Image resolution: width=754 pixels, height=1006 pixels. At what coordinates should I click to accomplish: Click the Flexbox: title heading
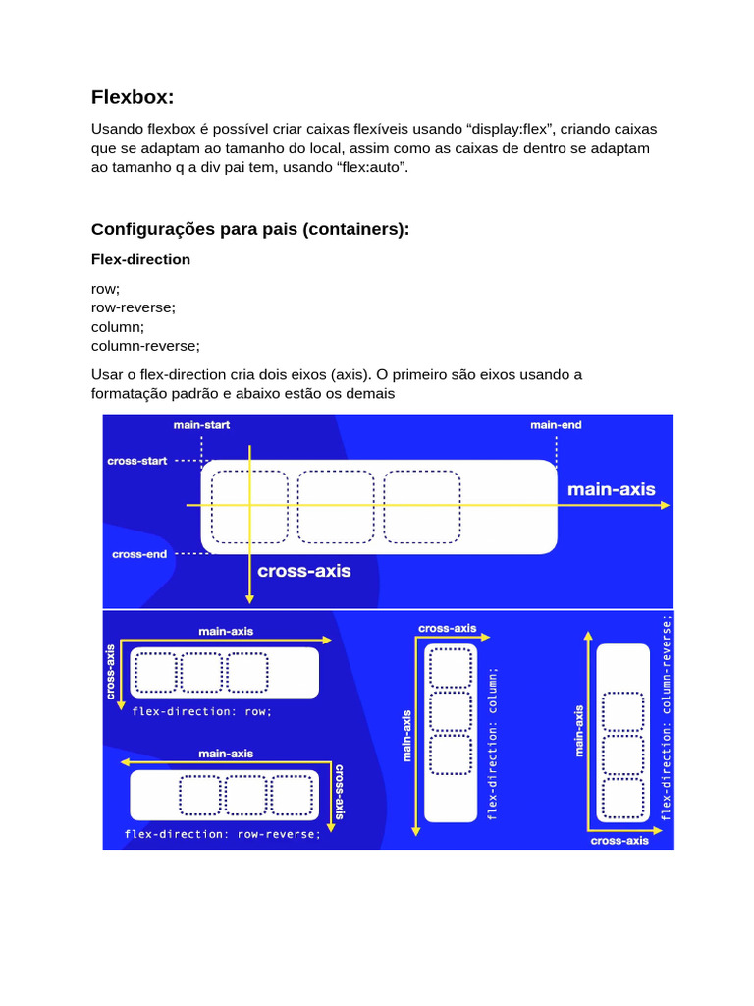pyautogui.click(x=133, y=97)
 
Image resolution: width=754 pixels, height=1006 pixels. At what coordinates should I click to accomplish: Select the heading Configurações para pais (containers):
pyautogui.click(x=250, y=229)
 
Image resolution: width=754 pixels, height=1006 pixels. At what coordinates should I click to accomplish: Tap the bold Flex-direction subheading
pyautogui.click(x=140, y=259)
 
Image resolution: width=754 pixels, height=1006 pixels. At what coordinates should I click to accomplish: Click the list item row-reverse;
pyautogui.click(x=134, y=307)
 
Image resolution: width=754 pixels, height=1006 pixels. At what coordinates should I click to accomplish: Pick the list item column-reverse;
pyautogui.click(x=145, y=346)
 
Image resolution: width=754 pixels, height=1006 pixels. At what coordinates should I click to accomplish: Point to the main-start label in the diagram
pyautogui.click(x=201, y=425)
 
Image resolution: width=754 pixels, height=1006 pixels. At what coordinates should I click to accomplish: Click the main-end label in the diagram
pyautogui.click(x=556, y=425)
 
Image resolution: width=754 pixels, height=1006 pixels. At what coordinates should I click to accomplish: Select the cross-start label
pyautogui.click(x=137, y=461)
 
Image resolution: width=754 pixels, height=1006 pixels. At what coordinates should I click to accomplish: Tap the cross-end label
pyautogui.click(x=139, y=554)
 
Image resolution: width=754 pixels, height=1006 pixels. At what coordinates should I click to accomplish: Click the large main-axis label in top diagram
pyautogui.click(x=611, y=489)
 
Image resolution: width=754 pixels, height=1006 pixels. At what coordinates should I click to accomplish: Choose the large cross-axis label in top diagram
pyautogui.click(x=303, y=571)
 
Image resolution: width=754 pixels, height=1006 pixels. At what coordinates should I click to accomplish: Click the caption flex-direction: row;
pyautogui.click(x=202, y=711)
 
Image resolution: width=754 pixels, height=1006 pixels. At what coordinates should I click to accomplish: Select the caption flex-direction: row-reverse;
pyautogui.click(x=223, y=834)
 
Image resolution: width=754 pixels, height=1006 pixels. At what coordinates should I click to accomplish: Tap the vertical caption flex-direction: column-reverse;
pyautogui.click(x=667, y=717)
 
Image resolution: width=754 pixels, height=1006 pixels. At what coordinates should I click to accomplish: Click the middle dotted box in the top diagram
pyautogui.click(x=336, y=507)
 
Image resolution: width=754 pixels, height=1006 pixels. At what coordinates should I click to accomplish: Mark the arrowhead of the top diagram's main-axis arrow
pyautogui.click(x=667, y=505)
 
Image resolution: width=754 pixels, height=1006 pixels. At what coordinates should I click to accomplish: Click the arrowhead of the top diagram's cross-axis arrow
pyautogui.click(x=250, y=598)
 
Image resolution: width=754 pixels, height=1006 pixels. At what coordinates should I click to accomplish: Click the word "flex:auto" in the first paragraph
pyautogui.click(x=372, y=168)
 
